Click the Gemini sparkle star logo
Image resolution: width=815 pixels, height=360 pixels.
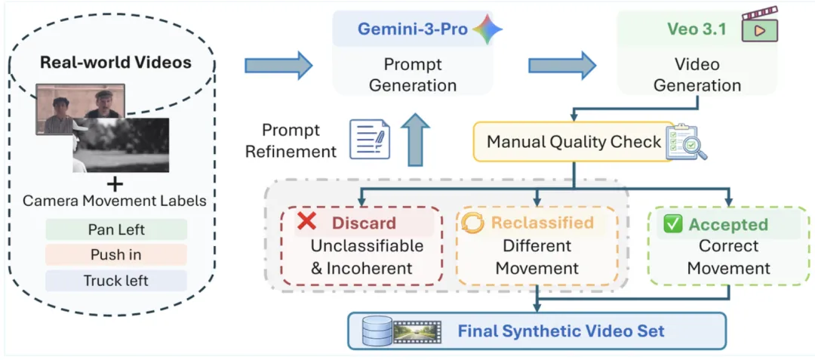point(487,29)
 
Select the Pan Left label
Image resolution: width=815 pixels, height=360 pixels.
point(116,229)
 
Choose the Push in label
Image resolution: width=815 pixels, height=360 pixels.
point(116,255)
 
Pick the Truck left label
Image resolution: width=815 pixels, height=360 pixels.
point(116,281)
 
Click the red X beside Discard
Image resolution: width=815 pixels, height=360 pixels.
point(307,222)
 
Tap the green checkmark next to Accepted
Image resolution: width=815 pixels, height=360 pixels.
point(674,224)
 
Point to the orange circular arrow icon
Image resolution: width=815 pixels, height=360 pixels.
point(472,223)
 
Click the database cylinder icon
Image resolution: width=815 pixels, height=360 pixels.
point(374,331)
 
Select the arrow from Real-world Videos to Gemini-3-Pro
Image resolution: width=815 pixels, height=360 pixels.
point(278,66)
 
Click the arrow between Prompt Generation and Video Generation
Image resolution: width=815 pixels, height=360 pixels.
point(563,66)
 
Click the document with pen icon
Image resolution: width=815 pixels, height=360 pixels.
point(369,138)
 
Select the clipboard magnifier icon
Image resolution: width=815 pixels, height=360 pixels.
point(687,141)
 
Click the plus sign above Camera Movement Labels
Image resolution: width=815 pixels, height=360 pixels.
point(116,184)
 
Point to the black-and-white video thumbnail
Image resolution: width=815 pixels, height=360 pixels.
point(121,145)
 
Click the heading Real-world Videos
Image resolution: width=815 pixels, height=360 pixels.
point(116,63)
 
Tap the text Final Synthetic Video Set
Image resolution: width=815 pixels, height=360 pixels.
point(561,331)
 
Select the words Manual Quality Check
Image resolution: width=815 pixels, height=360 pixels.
point(574,141)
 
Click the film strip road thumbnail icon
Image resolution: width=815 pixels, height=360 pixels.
point(417,331)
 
